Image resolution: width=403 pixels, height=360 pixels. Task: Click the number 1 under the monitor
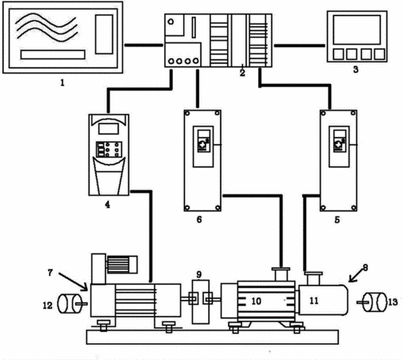(x=62, y=82)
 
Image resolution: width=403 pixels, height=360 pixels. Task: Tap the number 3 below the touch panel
(x=356, y=70)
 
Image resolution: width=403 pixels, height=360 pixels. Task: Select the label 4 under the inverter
(x=107, y=205)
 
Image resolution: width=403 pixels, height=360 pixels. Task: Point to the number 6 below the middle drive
(x=199, y=219)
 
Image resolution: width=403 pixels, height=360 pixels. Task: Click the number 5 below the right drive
(x=337, y=220)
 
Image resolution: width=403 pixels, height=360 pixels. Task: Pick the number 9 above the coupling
(x=199, y=274)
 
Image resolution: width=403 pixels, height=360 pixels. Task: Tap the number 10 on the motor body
(x=257, y=301)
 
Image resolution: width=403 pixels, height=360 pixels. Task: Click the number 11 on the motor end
(x=313, y=301)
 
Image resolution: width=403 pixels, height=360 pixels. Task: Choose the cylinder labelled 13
(x=375, y=302)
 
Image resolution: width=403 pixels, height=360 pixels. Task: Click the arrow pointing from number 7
(x=73, y=282)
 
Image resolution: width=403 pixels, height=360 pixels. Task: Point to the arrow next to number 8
(x=356, y=275)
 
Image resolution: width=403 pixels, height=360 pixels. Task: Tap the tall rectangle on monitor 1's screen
(x=104, y=34)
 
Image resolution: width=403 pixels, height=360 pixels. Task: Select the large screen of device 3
(x=357, y=30)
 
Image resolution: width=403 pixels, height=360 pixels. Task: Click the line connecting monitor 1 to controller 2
(x=144, y=45)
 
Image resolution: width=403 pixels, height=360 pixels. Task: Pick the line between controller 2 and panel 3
(x=300, y=46)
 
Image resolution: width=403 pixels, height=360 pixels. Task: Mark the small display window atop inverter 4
(x=109, y=129)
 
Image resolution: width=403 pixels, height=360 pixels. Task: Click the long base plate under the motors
(x=213, y=337)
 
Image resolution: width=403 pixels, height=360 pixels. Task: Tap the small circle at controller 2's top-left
(x=171, y=22)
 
